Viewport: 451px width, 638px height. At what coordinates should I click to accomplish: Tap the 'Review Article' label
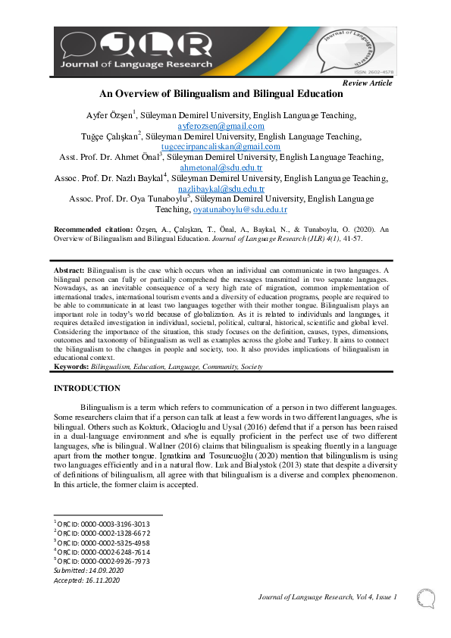[x=368, y=83]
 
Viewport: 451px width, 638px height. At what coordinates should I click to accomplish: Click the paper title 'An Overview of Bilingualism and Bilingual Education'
[x=221, y=95]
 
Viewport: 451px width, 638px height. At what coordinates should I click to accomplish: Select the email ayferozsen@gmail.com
[x=221, y=126]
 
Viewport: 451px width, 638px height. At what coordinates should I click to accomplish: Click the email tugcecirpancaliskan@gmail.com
[x=221, y=146]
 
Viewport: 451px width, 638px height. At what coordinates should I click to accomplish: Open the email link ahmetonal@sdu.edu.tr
[x=221, y=167]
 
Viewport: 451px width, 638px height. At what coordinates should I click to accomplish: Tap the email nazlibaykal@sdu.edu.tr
[x=221, y=189]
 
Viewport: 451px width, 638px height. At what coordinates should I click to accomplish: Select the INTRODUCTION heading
[x=86, y=388]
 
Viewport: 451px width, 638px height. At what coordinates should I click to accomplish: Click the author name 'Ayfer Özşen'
[x=111, y=115]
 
